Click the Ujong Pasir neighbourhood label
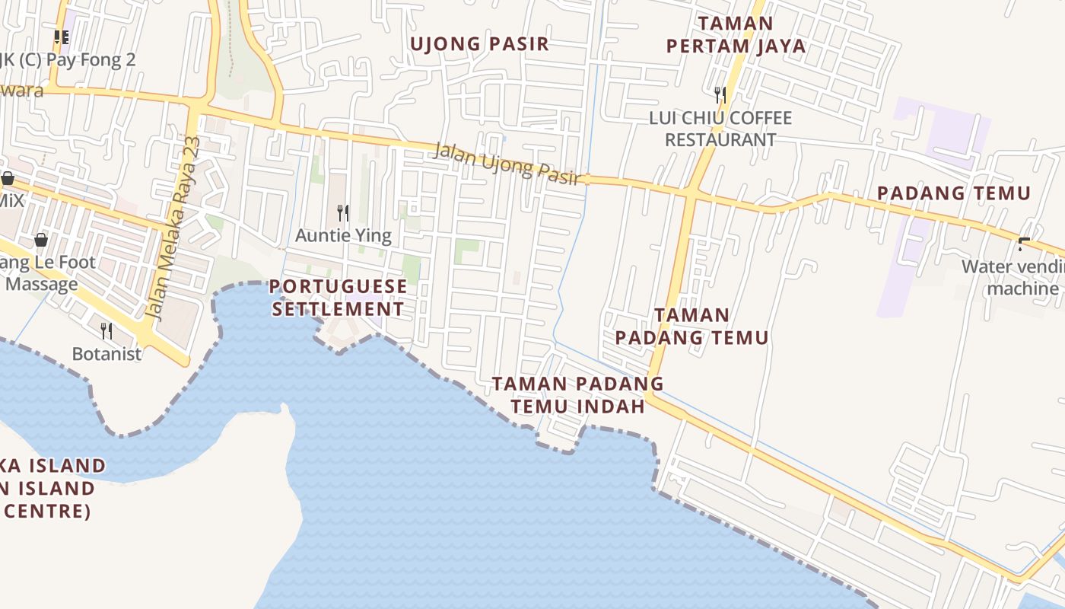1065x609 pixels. pos(479,43)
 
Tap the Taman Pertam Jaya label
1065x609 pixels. pos(736,35)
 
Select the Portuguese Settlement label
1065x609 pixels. pos(339,298)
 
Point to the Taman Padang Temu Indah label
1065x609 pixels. pos(577,394)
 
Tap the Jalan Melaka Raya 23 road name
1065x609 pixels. pos(173,228)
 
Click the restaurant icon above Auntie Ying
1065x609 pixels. pos(343,213)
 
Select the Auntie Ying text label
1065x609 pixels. pos(343,235)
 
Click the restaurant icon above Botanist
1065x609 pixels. pos(106,331)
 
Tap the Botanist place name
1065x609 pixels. pos(106,354)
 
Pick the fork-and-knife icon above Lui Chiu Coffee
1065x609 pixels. pos(720,95)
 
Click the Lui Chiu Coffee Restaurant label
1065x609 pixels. pos(720,129)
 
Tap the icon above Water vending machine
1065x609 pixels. pos(1024,244)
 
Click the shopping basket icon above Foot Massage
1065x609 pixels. pos(41,241)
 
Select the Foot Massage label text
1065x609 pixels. pos(46,273)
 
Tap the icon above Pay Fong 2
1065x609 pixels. pos(62,37)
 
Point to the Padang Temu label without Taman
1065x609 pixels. pos(954,193)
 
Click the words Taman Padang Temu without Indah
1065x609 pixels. pos(691,326)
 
